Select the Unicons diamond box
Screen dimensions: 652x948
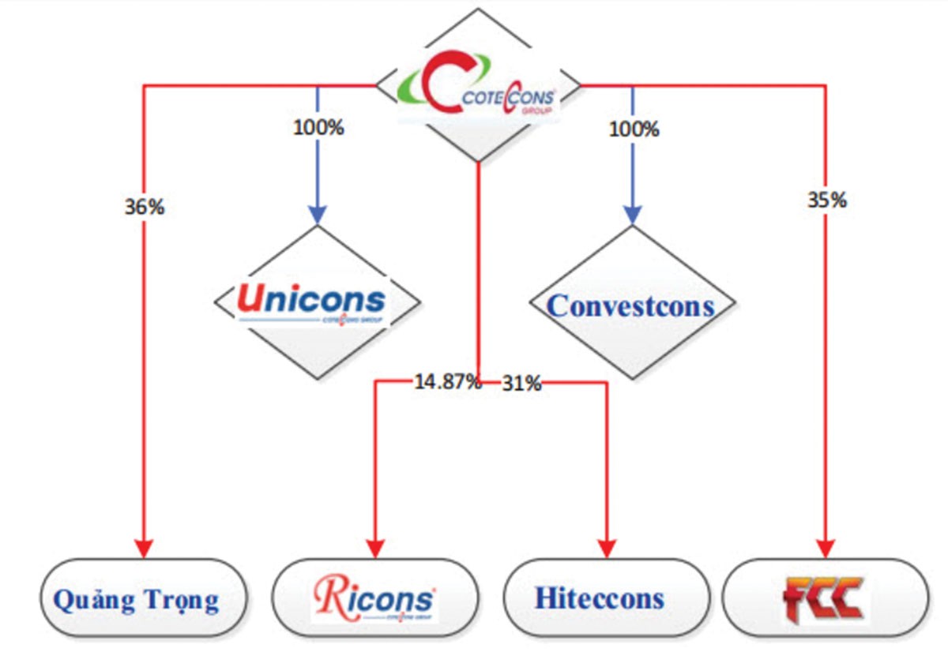click(317, 304)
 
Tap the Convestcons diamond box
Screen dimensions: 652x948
click(631, 305)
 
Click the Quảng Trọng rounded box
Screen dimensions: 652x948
click(136, 600)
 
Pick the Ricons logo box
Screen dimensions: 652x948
click(374, 598)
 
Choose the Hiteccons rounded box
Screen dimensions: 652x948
click(600, 598)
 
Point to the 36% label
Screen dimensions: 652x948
click(144, 208)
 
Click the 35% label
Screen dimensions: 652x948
click(826, 200)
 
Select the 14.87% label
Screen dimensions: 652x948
click(447, 383)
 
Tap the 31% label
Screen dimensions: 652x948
click(522, 384)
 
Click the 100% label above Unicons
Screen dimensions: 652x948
click(318, 128)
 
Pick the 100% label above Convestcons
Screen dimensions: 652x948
click(634, 128)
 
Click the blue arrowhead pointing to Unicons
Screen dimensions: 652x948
click(317, 215)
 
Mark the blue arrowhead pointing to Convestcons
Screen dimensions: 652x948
click(631, 215)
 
